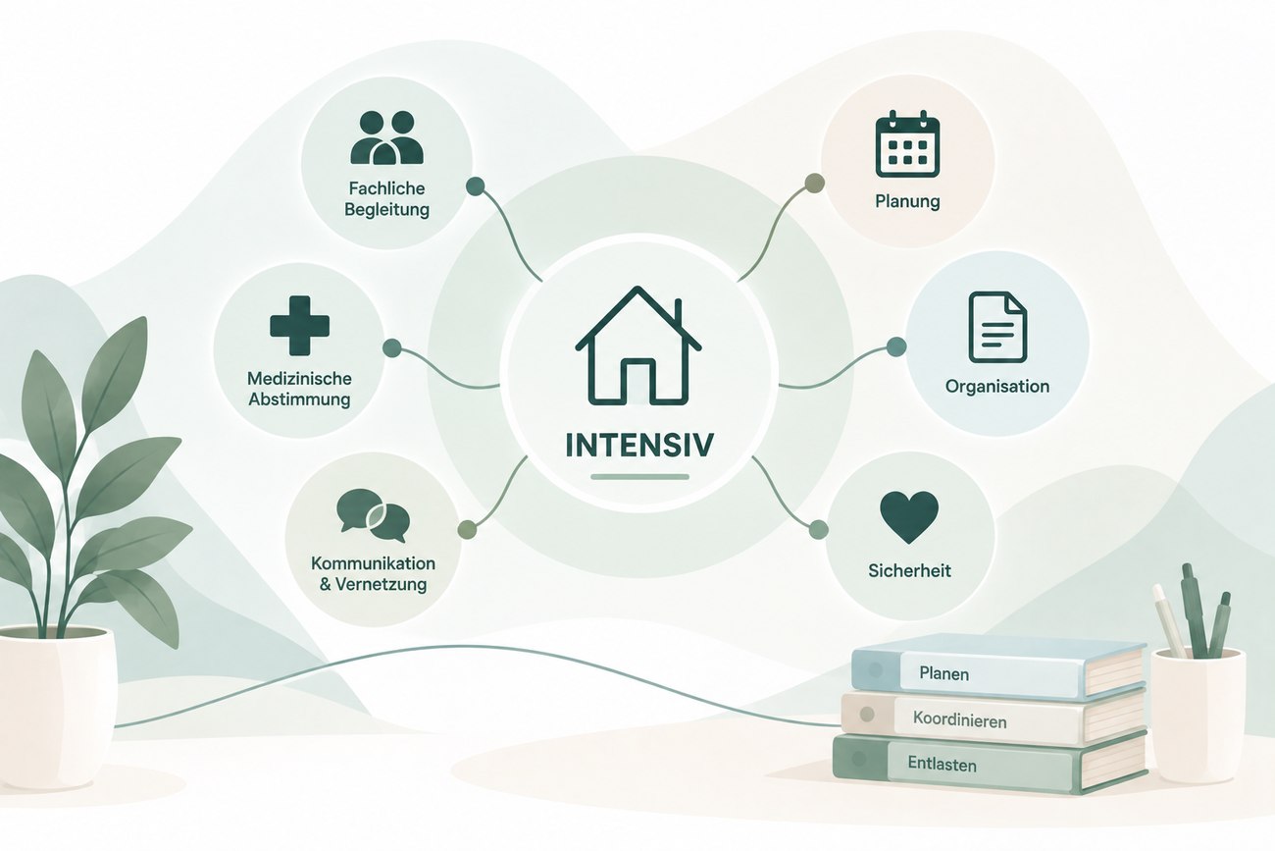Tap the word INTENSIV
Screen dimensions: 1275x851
point(639,445)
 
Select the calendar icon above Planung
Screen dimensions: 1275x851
point(907,144)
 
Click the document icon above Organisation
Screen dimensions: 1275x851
point(997,328)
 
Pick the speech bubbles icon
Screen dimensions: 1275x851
point(373,515)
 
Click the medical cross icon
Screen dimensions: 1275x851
point(299,326)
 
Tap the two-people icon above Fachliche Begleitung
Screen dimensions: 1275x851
point(387,137)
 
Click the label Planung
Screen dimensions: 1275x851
point(907,201)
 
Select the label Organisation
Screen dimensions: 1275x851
point(997,386)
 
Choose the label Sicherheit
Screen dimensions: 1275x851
point(909,570)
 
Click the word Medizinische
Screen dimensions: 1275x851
point(299,378)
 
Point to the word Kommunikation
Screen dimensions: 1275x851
point(373,563)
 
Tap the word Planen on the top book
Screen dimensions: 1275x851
point(943,674)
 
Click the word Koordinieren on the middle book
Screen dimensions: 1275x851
point(959,720)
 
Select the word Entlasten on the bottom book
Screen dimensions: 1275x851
point(942,764)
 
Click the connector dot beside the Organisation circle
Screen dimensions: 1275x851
point(896,346)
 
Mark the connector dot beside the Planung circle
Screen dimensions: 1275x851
point(814,184)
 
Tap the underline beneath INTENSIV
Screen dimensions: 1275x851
point(639,477)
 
